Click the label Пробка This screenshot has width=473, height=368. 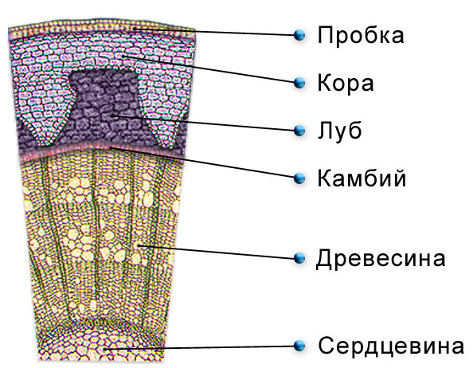point(361,36)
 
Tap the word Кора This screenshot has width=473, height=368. point(346,84)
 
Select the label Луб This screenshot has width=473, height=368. point(340,131)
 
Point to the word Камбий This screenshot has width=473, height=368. point(362,178)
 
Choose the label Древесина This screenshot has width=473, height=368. point(381,259)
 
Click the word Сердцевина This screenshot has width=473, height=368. point(391,346)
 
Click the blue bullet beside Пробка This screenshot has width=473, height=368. point(299,35)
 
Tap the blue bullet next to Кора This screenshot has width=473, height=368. point(299,83)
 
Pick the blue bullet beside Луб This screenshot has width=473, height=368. point(299,131)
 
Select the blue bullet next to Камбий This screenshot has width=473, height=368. point(299,178)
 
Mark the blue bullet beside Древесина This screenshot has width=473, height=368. point(299,258)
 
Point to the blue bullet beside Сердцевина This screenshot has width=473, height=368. point(299,346)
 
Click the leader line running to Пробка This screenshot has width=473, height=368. point(214,32)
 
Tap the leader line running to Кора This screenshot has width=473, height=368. point(208,69)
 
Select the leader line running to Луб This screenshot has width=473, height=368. point(203,123)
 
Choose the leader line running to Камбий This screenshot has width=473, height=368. point(202,162)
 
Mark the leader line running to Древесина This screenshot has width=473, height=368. point(216,252)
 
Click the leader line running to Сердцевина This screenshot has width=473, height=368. point(199,348)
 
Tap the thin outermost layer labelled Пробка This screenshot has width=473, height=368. point(102,29)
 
